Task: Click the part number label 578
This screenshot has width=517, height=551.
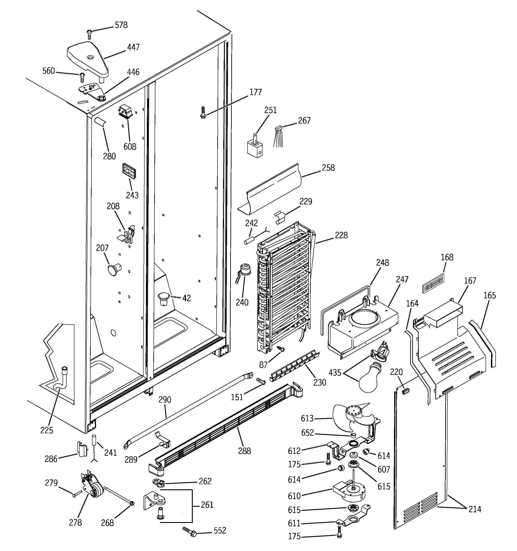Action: point(121,25)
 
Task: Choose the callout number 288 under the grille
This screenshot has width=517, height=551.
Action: point(244,451)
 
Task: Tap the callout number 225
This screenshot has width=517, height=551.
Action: point(47,430)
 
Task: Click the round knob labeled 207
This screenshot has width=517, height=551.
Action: point(114,269)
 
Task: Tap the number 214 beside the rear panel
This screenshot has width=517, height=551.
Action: point(475,509)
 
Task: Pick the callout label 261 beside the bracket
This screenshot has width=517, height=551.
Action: point(207,505)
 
